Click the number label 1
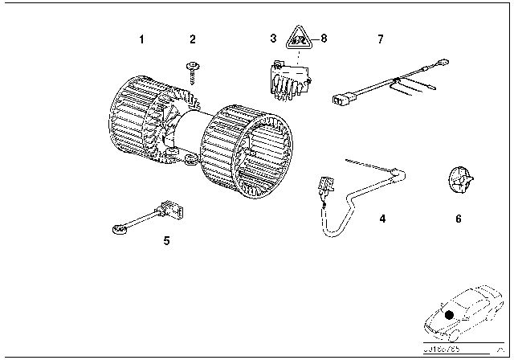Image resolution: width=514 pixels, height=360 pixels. coord(141,39)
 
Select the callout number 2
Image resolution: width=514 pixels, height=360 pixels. coord(192,39)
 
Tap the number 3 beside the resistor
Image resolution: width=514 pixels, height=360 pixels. coord(273,39)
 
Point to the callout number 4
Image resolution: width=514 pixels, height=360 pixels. coord(382,218)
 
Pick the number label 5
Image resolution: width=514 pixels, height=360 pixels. coord(166,239)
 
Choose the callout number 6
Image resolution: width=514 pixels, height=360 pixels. coord(458,218)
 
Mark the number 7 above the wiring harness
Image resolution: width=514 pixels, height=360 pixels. coord(381,39)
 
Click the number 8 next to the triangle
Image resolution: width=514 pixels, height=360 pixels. coord(324,39)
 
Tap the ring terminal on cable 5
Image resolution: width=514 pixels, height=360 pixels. coord(118,231)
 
